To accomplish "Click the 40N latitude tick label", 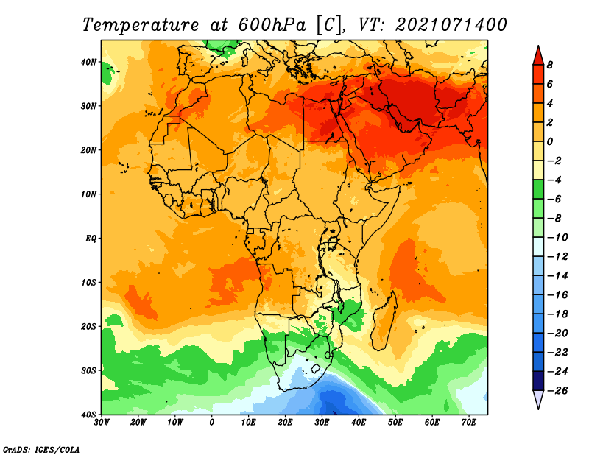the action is click(x=88, y=62).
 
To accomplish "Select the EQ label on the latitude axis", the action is click(x=91, y=239).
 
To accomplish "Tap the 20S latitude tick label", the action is click(x=88, y=326).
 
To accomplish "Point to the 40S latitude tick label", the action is click(x=88, y=415).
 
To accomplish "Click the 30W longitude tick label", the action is click(x=102, y=423).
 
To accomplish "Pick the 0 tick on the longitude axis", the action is click(x=212, y=423).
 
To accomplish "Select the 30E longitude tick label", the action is click(x=322, y=423).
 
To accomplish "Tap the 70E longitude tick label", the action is click(x=469, y=423).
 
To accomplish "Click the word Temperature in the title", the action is click(x=141, y=25).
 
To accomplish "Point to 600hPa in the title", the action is click(x=272, y=25).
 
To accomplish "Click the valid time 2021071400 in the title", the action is click(x=451, y=25).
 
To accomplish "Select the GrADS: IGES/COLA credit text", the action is click(x=41, y=450).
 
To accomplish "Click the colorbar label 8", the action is click(x=549, y=65).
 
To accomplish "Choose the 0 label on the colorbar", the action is click(x=550, y=141).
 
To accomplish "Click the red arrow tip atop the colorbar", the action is click(x=538, y=46).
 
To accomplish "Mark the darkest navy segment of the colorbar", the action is click(x=538, y=381).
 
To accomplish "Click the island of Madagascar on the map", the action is click(x=384, y=320).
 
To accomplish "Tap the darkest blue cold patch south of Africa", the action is click(x=333, y=402).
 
